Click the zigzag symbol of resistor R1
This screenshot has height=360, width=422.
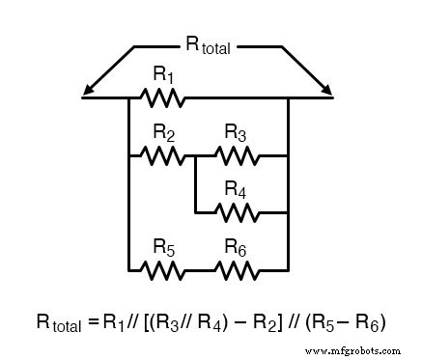[162, 97]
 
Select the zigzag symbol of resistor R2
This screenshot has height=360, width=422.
[162, 154]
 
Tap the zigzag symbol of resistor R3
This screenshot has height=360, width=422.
[237, 154]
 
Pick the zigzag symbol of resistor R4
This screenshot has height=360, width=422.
[237, 211]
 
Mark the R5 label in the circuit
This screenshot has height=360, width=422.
[163, 248]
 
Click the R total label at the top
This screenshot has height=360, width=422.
[207, 43]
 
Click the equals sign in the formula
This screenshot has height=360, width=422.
[94, 321]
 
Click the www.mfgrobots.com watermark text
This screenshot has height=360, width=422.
[357, 349]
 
